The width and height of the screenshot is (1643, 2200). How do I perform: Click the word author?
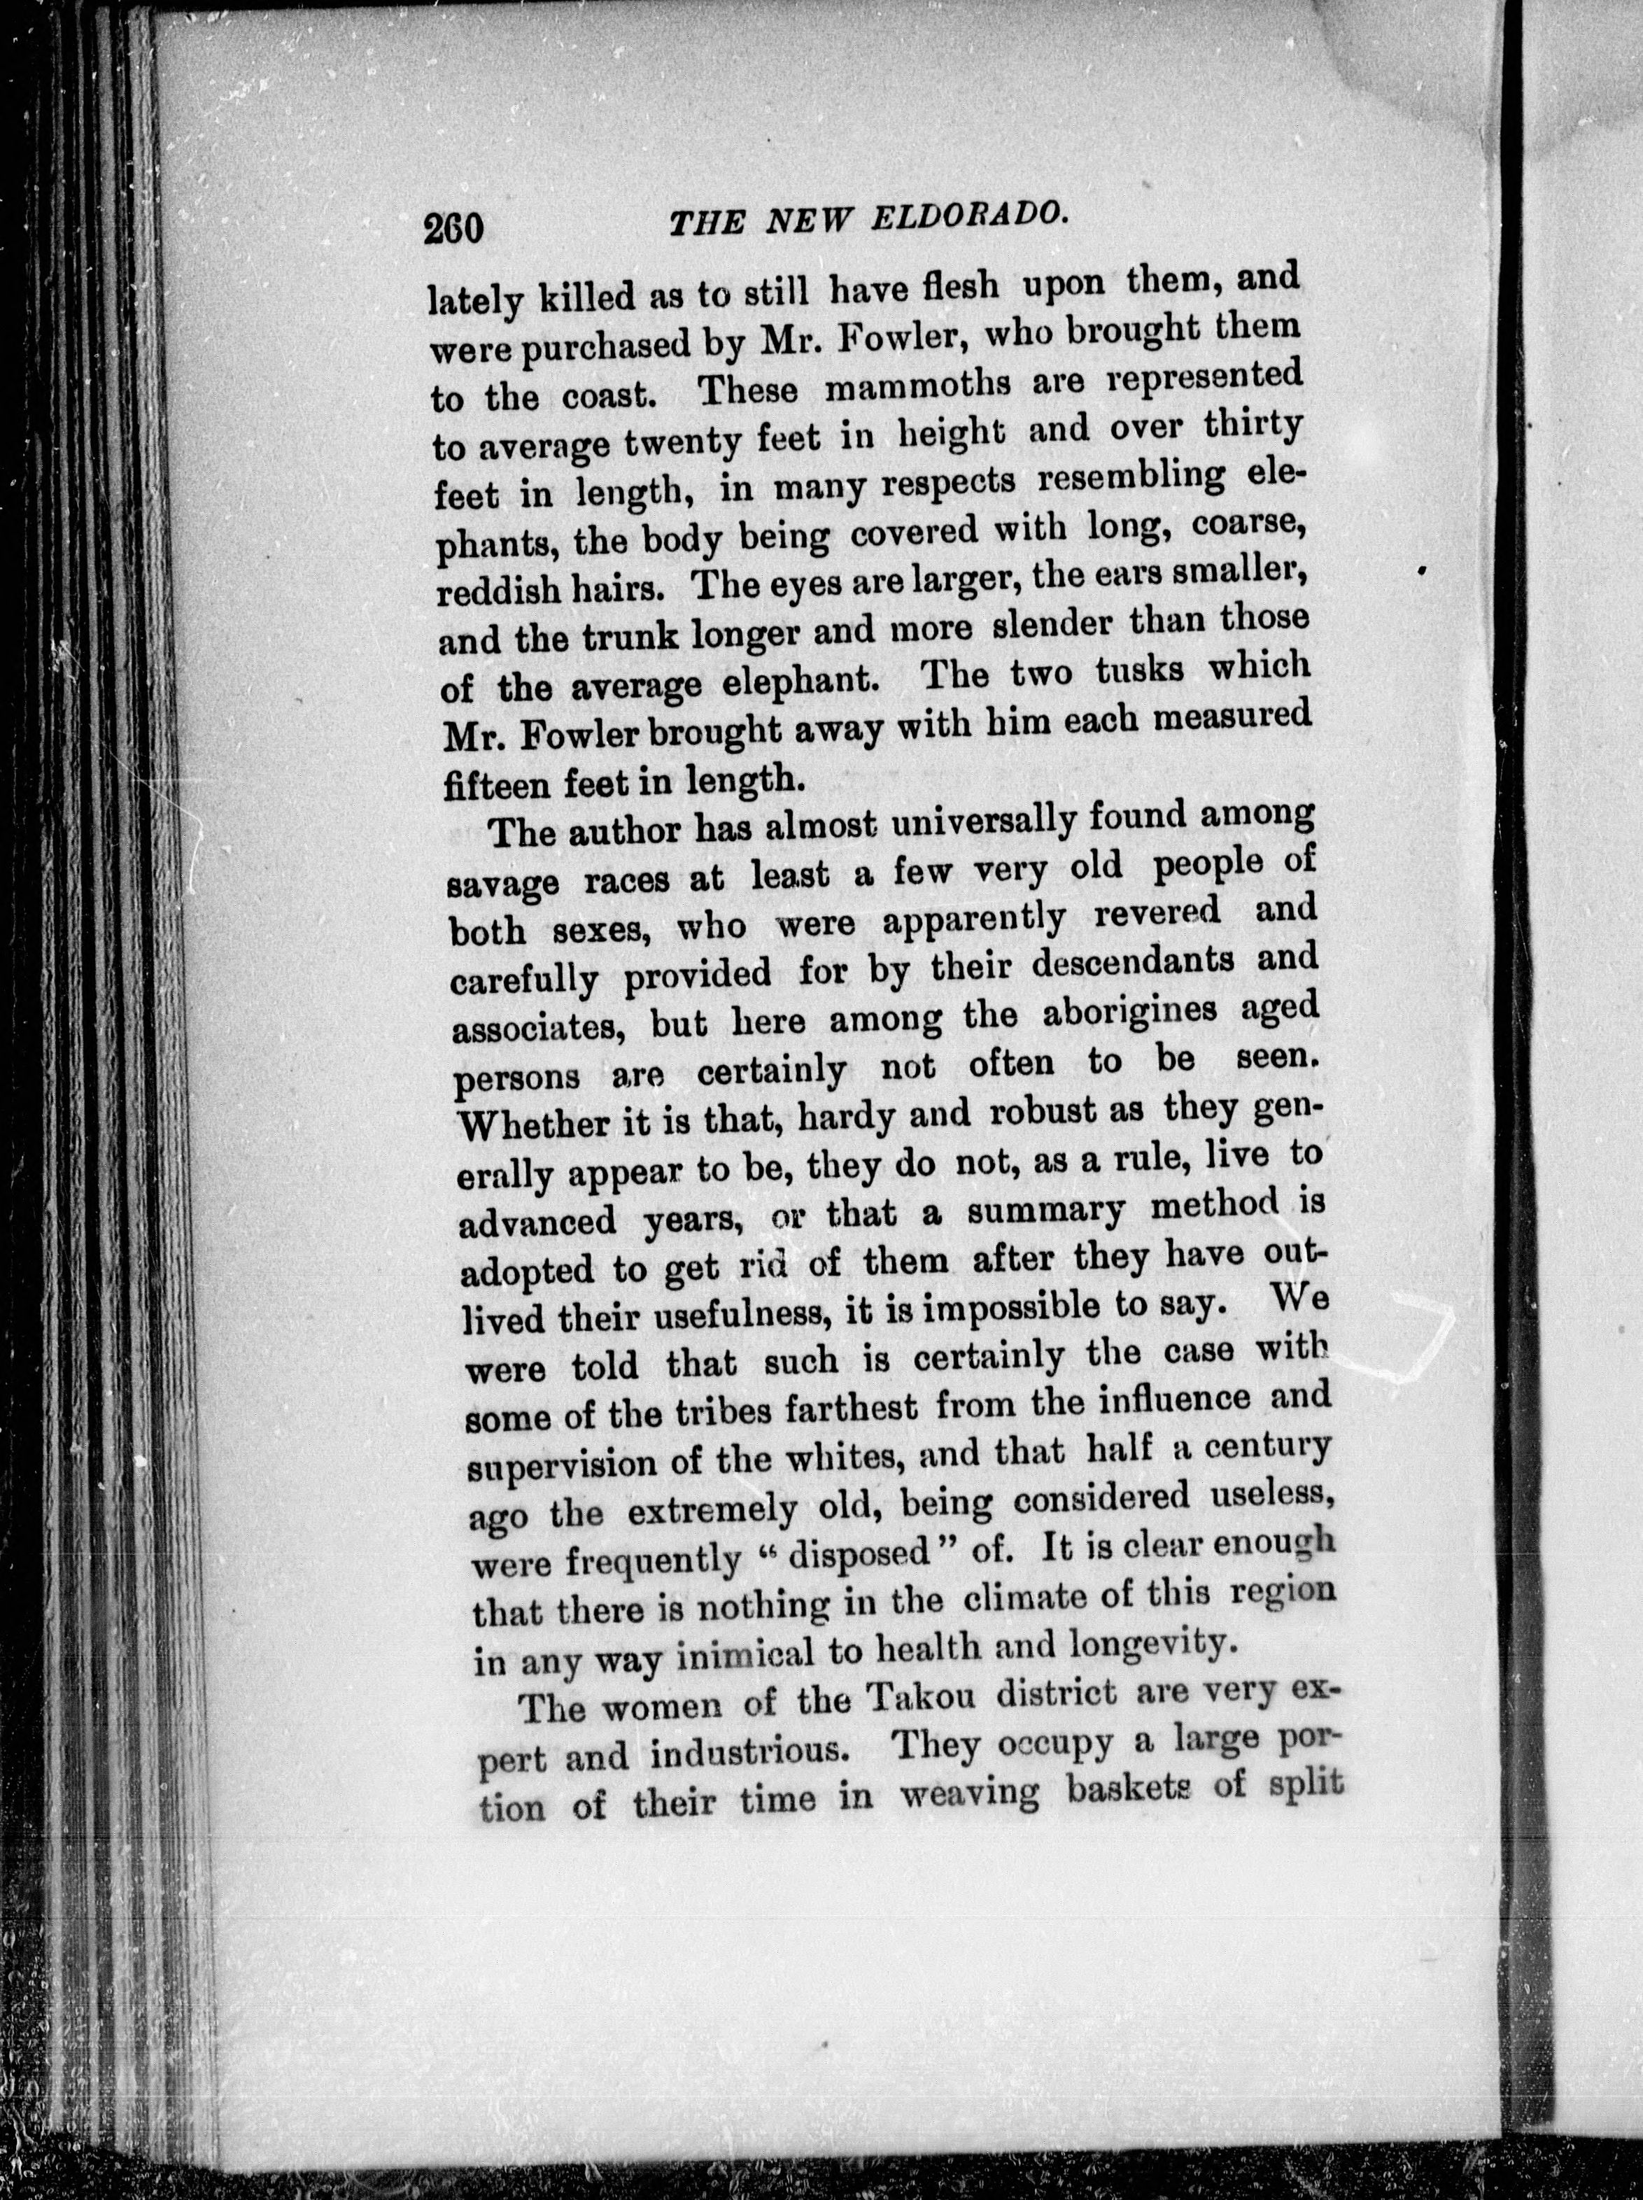pos(630,828)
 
